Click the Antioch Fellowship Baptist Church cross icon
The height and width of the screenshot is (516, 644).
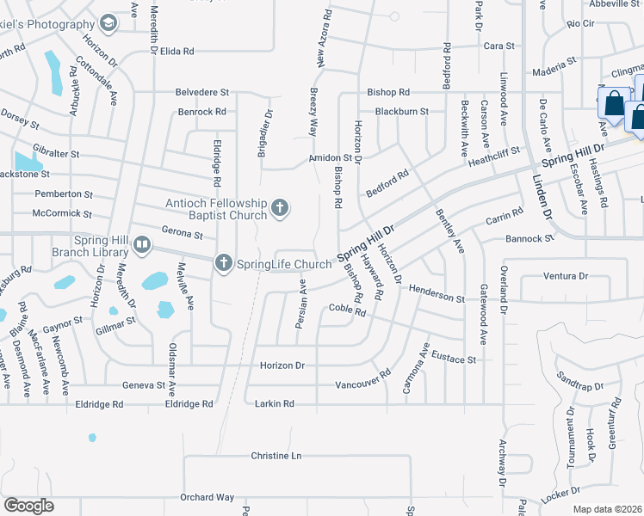click(279, 206)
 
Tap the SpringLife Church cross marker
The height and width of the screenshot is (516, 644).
click(224, 263)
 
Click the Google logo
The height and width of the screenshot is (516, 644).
click(28, 506)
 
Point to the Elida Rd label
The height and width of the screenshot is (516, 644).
click(176, 52)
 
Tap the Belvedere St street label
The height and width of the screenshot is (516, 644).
click(202, 91)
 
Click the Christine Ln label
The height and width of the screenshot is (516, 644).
click(277, 455)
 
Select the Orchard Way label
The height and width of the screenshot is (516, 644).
click(207, 497)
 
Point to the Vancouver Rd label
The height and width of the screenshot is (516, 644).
click(363, 379)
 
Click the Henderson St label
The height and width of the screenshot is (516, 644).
click(437, 294)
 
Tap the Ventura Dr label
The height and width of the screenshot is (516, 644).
click(566, 276)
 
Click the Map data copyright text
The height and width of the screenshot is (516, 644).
click(608, 509)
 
